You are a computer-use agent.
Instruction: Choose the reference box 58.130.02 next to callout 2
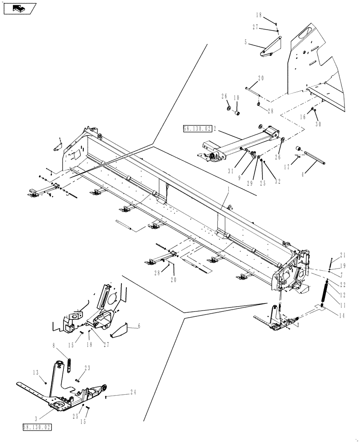point(197,128)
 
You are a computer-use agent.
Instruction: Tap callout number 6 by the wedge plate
point(139,326)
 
